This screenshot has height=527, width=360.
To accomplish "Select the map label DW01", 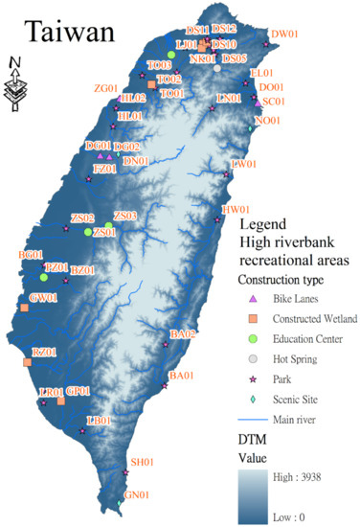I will (284, 34).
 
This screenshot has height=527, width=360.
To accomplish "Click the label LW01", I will (245, 164).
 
